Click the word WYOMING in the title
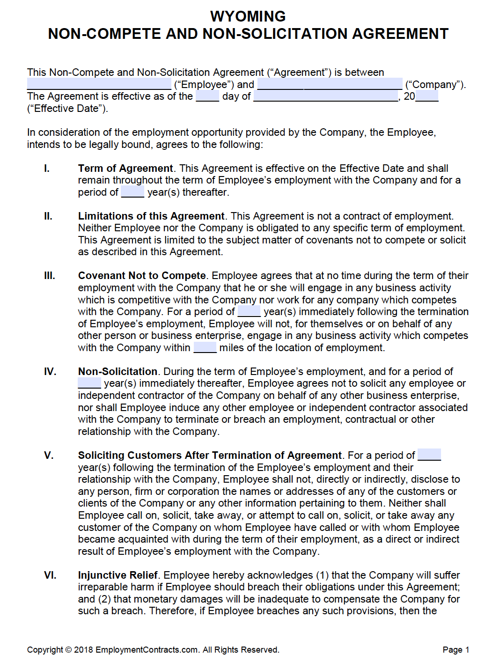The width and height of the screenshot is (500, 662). click(248, 16)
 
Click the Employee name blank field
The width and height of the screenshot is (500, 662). click(99, 84)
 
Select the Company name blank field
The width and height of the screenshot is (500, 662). click(330, 84)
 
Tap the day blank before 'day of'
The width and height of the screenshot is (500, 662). click(207, 96)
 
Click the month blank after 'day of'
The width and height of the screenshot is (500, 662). click(325, 96)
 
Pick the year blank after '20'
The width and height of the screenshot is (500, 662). click(426, 96)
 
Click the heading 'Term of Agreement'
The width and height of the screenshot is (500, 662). click(125, 169)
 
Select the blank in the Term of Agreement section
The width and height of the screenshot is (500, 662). click(132, 192)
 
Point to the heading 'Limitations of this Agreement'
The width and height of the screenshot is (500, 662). click(151, 216)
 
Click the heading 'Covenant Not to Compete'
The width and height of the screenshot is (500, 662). click(142, 276)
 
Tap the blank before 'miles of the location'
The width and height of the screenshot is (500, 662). click(205, 348)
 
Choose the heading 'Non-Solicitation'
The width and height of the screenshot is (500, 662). click(118, 372)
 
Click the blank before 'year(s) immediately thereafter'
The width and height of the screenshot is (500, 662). click(89, 383)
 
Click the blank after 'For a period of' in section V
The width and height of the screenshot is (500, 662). click(429, 455)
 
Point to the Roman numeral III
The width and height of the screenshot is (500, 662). click(49, 276)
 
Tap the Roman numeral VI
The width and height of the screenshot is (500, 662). click(50, 575)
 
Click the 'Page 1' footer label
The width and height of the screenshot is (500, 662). click(456, 650)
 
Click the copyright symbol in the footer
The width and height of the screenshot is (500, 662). click(68, 650)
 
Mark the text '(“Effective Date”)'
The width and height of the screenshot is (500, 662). click(67, 109)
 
